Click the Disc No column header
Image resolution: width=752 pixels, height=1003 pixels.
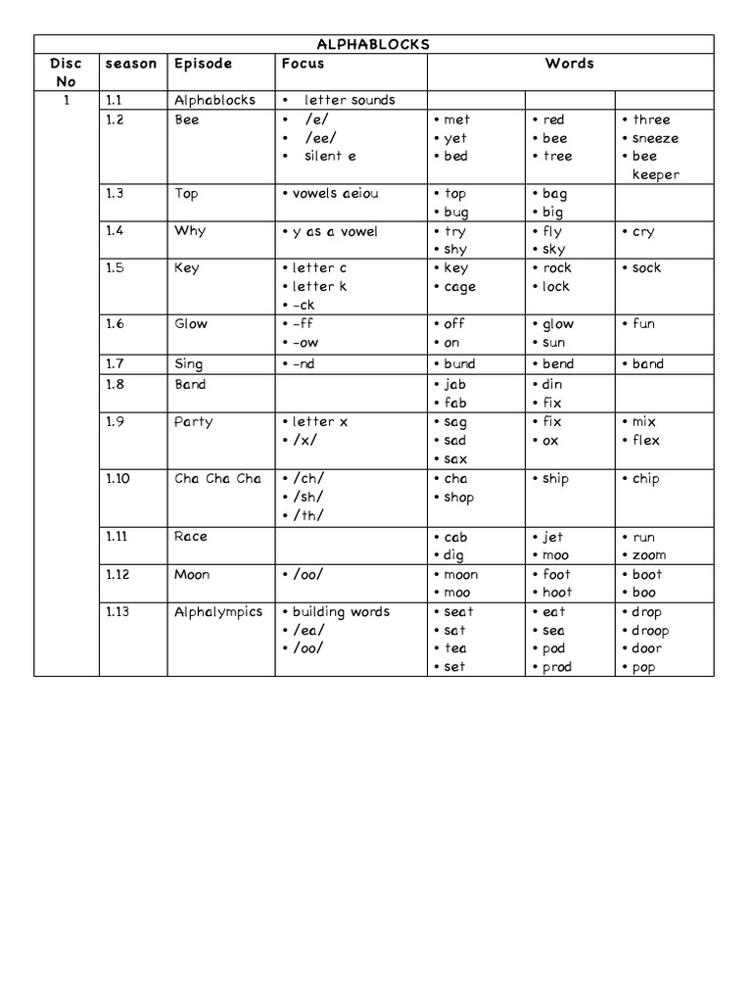click(66, 72)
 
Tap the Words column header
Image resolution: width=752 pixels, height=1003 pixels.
click(570, 64)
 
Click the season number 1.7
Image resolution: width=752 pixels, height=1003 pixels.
click(116, 363)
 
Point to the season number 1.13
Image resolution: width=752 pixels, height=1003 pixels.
click(119, 612)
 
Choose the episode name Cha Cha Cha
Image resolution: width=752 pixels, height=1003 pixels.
click(217, 479)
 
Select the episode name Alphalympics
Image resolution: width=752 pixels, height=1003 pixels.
click(218, 612)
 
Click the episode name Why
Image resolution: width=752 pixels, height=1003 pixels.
click(190, 231)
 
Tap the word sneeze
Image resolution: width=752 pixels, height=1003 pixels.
click(655, 138)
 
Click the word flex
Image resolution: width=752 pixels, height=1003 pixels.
click(646, 440)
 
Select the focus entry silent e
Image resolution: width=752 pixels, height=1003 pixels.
click(330, 157)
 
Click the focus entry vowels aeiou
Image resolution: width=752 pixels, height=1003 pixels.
click(335, 194)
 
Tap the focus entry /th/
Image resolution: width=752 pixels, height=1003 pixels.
click(307, 516)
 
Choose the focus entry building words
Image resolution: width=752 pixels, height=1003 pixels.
click(341, 612)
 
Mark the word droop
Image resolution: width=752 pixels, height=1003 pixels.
click(649, 631)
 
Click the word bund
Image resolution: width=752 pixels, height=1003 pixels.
click(459, 364)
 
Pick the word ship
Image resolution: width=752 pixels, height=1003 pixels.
click(555, 479)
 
